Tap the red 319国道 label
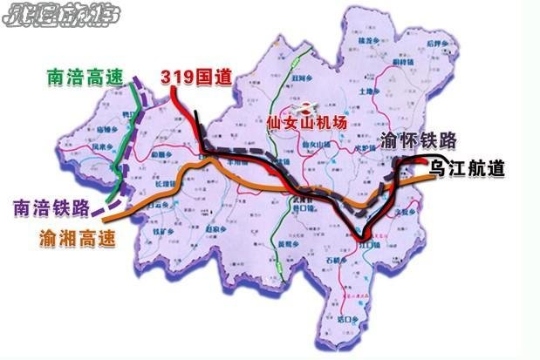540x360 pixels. click(x=196, y=77)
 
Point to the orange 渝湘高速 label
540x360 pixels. click(x=77, y=236)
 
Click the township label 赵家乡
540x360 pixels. click(x=216, y=229)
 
